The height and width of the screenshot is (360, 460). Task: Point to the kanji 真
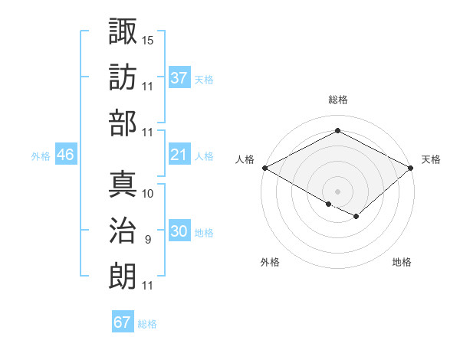[x=123, y=184]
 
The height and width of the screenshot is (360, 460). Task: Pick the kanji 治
[x=123, y=231]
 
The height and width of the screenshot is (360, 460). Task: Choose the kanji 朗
[x=123, y=276]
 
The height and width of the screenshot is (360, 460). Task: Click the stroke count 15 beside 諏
[x=148, y=39]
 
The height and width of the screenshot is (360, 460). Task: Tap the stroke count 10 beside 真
[x=148, y=193]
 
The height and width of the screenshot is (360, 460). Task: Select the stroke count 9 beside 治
[x=147, y=240]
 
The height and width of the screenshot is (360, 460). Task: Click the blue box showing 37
[x=179, y=78]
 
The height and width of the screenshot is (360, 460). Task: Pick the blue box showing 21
[x=179, y=155]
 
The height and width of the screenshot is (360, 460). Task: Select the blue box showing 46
[x=66, y=155]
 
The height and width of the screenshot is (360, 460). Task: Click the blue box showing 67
[x=123, y=322]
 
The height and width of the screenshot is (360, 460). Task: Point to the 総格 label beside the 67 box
[x=147, y=324]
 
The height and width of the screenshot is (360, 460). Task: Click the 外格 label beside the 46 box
[x=41, y=156]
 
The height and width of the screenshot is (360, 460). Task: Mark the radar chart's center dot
[x=337, y=191]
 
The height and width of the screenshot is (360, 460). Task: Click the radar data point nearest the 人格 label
[x=264, y=167]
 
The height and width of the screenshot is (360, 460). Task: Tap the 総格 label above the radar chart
[x=338, y=100]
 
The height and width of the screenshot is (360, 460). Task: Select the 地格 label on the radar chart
[x=402, y=262]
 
